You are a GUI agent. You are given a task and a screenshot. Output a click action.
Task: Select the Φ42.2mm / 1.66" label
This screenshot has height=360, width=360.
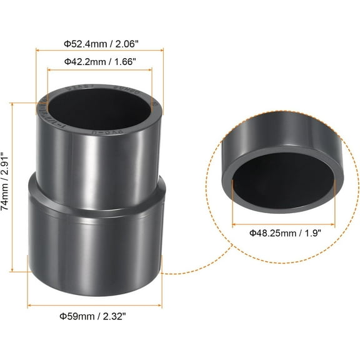pyautogui.click(x=100, y=61)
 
